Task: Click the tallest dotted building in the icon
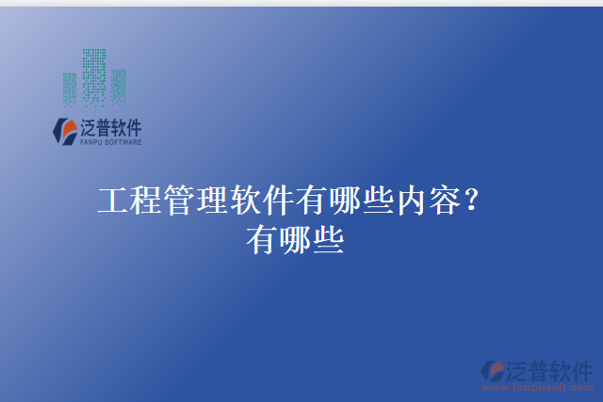pyautogui.click(x=94, y=75)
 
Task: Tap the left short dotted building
pyautogui.click(x=71, y=88)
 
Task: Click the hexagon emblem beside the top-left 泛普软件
pyautogui.click(x=66, y=132)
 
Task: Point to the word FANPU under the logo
pyautogui.click(x=91, y=143)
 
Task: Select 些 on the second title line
pyautogui.click(x=328, y=239)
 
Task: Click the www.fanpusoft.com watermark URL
pyautogui.click(x=538, y=386)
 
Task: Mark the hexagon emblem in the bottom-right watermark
pyautogui.click(x=493, y=371)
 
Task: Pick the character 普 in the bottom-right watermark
pyautogui.click(x=537, y=369)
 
